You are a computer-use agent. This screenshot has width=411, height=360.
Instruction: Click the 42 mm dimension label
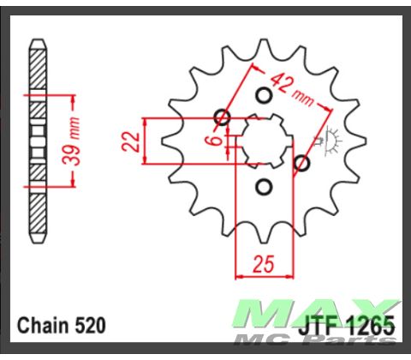(289, 87)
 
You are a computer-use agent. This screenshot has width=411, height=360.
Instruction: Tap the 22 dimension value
(131, 141)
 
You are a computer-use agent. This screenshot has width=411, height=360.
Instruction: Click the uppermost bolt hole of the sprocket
(264, 94)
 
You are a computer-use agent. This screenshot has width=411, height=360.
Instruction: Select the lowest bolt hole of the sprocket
(264, 187)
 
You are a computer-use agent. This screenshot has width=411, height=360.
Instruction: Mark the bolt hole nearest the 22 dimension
(223, 117)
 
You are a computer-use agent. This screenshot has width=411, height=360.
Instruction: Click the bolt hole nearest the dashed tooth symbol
(301, 162)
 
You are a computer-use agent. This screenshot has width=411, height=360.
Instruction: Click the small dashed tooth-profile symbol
(328, 137)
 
